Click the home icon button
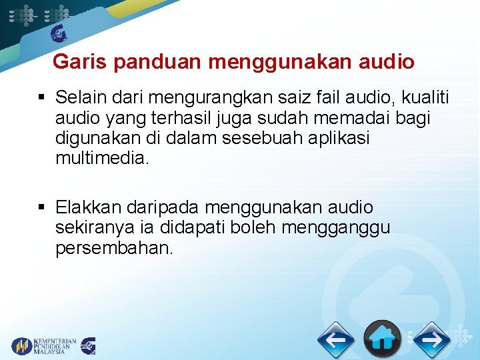coord(382,339)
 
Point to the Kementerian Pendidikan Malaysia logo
coord(44,346)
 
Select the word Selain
coord(79,99)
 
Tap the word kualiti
coord(424,99)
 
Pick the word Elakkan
coord(85,208)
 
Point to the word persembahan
coord(115,248)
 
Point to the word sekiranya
coord(91,228)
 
